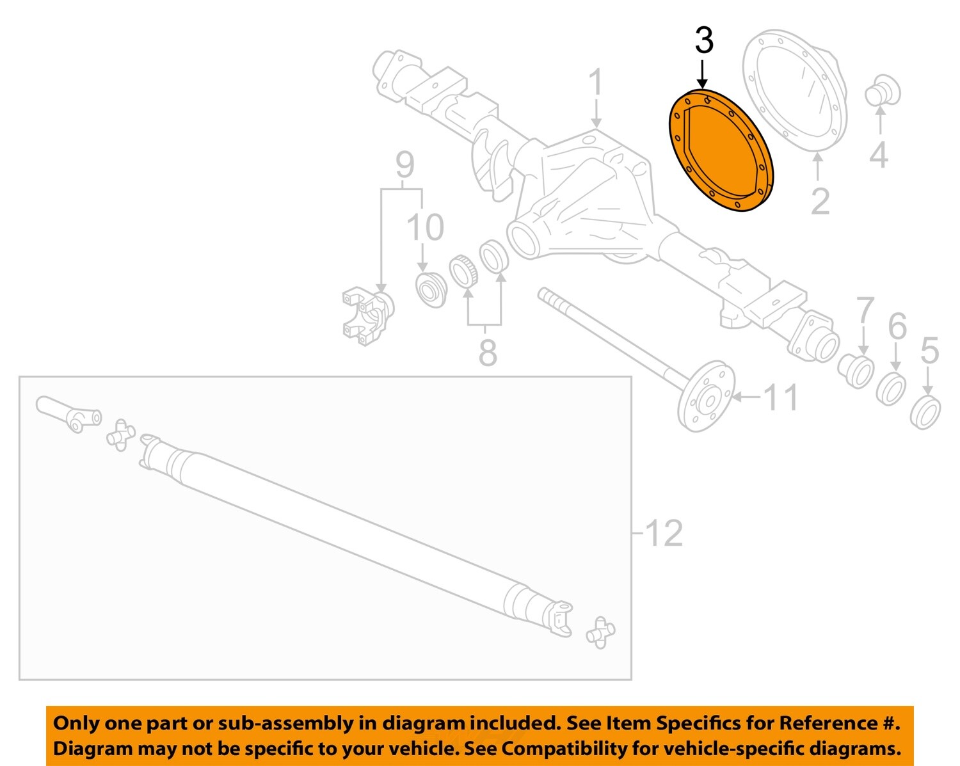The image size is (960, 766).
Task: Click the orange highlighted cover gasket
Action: pyautogui.click(x=721, y=151)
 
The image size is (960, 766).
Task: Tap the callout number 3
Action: pyautogui.click(x=703, y=41)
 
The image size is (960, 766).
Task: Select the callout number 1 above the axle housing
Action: pyautogui.click(x=595, y=83)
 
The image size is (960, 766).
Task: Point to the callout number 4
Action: pyautogui.click(x=879, y=155)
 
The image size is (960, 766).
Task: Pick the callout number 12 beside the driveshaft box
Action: pyautogui.click(x=664, y=533)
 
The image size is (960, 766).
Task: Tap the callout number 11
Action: pyautogui.click(x=781, y=397)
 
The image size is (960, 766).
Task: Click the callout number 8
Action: pyautogui.click(x=488, y=352)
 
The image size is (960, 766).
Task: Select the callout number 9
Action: pyautogui.click(x=404, y=165)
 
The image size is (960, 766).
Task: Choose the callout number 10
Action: pyautogui.click(x=425, y=228)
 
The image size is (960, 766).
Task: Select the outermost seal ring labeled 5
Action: pyautogui.click(x=925, y=413)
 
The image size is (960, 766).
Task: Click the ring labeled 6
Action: pyautogui.click(x=890, y=388)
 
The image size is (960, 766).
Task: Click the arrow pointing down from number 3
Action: pyautogui.click(x=703, y=74)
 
